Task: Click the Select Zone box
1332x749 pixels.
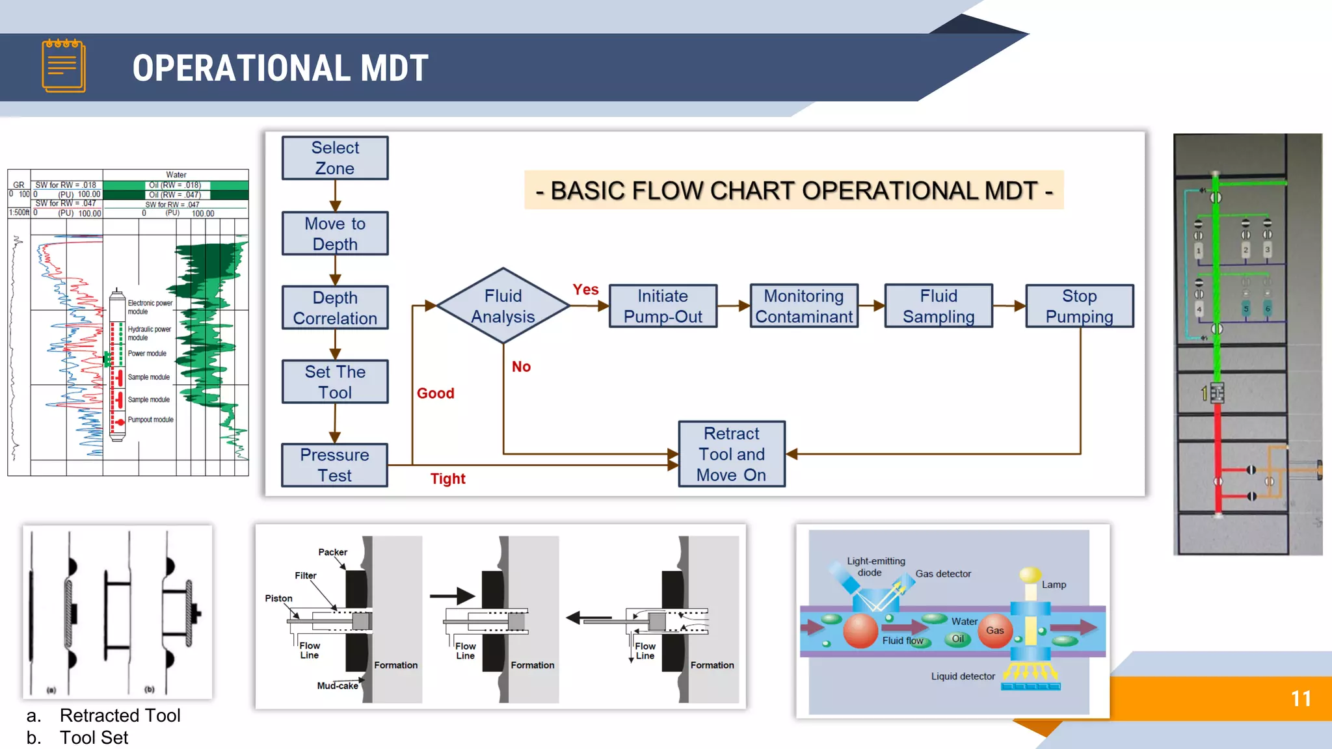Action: tap(335, 158)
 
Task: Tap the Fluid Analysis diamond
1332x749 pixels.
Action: tap(503, 306)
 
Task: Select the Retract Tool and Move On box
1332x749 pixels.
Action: tap(732, 454)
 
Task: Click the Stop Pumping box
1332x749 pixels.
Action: tap(1079, 306)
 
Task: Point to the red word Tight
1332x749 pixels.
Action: tap(447, 479)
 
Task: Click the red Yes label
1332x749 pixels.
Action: tap(585, 289)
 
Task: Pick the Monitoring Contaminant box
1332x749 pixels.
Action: tap(804, 306)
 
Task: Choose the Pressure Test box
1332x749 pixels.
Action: tap(334, 465)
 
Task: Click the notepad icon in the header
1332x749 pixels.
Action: tap(64, 66)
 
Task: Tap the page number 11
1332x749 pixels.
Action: tap(1301, 699)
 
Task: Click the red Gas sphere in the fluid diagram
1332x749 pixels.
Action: tap(995, 631)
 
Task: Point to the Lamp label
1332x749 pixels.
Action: tap(1054, 585)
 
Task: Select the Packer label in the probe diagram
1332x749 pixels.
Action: tap(332, 552)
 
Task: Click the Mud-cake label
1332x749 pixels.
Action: tap(337, 685)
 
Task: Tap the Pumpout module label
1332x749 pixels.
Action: tap(150, 420)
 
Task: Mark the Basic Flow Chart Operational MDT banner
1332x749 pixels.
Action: tap(793, 191)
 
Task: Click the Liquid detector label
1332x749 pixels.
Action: tap(963, 676)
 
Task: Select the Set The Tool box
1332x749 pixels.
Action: tap(335, 382)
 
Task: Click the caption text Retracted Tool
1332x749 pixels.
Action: tap(120, 715)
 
